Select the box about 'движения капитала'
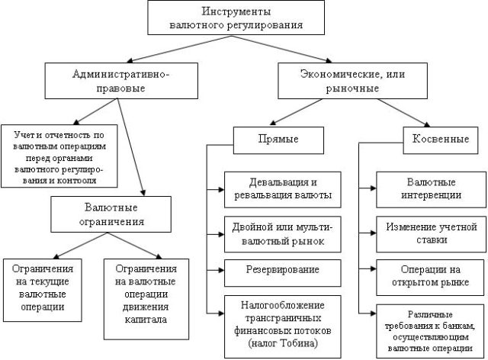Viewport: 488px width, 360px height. point(146,293)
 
